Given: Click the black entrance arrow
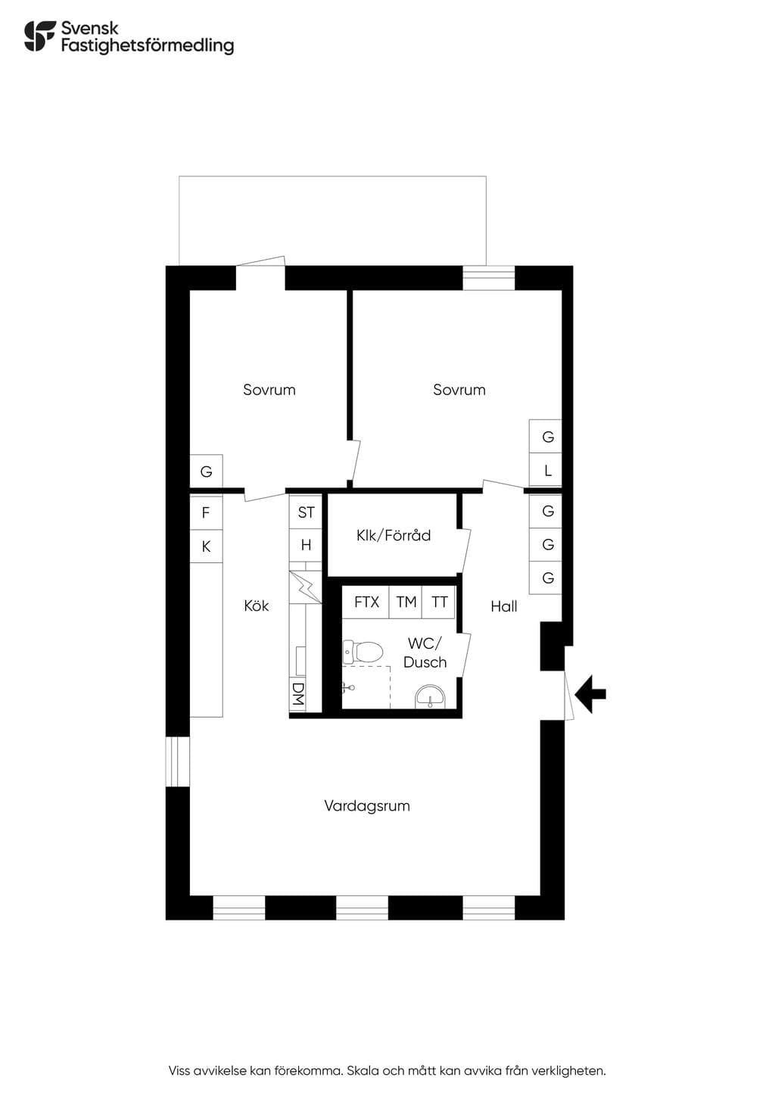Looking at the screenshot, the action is coord(590,694).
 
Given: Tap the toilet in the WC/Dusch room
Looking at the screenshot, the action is coord(363,652).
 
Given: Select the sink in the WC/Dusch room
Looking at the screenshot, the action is coord(430,696).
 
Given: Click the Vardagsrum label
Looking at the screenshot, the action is coord(367,805).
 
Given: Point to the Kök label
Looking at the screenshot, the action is coord(257,606).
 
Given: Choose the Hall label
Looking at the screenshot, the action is coord(504,606).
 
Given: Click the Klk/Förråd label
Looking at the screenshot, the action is coord(394,535).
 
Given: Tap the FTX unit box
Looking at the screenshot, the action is coord(366,602).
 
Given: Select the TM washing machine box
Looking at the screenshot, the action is coord(406,602).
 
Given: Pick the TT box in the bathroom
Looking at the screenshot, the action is coord(439,602).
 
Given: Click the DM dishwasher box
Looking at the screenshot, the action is coord(297,694).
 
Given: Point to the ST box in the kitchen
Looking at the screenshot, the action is coord(306,512).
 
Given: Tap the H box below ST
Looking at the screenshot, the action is coord(306,544).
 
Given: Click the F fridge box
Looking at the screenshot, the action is coord(206,512).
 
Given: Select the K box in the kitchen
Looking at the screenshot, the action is coord(206,546).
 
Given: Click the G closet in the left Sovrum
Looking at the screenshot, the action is coord(206,472).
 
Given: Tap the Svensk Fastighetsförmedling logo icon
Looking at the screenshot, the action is coord(40,36).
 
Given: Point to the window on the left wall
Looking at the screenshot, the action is coord(178,761).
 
